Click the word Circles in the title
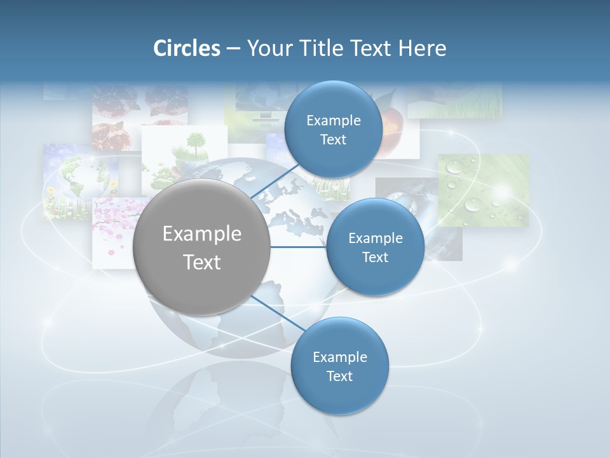point(186,48)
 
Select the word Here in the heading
point(422,48)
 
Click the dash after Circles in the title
point(233,49)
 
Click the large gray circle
point(201,247)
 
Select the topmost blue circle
point(333,129)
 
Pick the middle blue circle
point(375,247)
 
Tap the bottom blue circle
point(339,366)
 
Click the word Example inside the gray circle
point(201,233)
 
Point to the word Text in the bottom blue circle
point(339,376)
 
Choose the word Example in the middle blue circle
point(375,238)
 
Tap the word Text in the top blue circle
point(333,139)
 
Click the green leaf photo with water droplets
point(484,190)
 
